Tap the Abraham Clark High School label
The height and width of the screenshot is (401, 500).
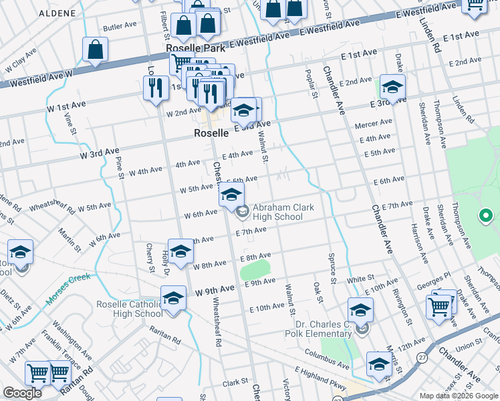(283, 212)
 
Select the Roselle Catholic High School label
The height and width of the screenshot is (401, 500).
(130, 308)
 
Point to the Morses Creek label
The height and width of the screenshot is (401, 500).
(68, 289)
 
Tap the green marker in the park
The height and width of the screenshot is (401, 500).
(486, 216)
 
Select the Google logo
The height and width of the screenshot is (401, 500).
(22, 393)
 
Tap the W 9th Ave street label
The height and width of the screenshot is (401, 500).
(215, 289)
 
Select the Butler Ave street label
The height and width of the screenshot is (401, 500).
(120, 28)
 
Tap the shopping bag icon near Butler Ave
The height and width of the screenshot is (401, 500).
(96, 50)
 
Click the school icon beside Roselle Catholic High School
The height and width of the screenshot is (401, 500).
(173, 297)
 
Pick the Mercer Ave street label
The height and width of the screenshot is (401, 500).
(374, 124)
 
